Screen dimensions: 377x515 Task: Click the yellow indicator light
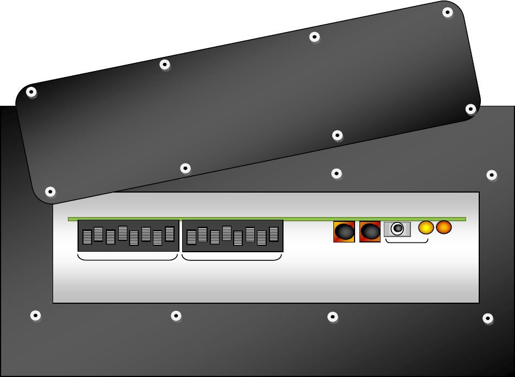coord(426,228)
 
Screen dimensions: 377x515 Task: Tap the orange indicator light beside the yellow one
coord(444,227)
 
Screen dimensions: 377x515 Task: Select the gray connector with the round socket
coord(397,229)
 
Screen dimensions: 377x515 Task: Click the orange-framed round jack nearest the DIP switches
coord(344,232)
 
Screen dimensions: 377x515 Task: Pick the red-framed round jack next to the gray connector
coord(370,232)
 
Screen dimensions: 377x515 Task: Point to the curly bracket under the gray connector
coord(407,241)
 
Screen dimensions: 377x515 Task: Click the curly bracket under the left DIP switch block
coord(128,258)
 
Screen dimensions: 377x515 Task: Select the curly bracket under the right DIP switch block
coord(232,258)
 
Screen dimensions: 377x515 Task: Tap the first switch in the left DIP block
coord(87,237)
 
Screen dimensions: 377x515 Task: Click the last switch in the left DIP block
coord(170,234)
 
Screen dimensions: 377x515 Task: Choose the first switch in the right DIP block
coord(191,237)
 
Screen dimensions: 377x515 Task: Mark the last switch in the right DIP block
coord(274,234)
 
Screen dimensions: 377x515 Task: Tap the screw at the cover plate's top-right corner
coord(447,12)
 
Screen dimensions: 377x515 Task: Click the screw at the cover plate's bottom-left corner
coord(50,191)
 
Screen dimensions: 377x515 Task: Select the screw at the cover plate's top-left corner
coord(31,92)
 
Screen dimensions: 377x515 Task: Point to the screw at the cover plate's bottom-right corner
coord(471,109)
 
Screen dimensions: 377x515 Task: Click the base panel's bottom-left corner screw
coord(35,315)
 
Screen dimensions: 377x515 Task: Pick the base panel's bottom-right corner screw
coord(488,318)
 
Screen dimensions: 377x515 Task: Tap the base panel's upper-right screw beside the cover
coord(492,175)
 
